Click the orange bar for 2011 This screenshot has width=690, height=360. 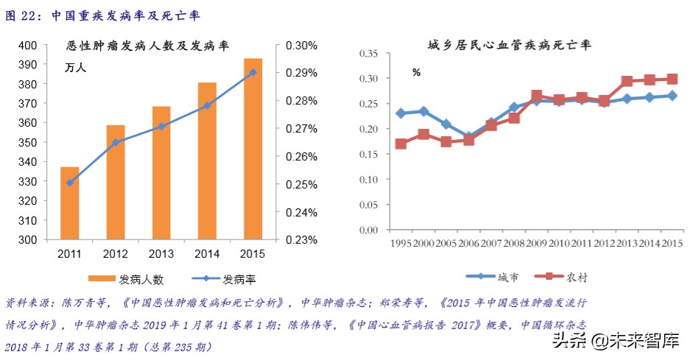pos(69,203)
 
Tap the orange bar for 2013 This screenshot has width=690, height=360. pos(161,173)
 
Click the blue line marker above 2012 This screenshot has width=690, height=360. pos(116,142)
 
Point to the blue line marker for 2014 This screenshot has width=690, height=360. pos(207,105)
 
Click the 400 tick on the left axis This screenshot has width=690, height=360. pos(27,46)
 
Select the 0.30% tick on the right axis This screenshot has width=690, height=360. pos(302,46)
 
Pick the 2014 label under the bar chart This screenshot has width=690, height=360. pos(207,254)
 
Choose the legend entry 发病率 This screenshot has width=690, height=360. pos(225,280)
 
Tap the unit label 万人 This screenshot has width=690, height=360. pos(75,68)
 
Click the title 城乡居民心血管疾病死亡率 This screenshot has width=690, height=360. pos(510,46)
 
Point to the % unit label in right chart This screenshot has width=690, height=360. pos(416,72)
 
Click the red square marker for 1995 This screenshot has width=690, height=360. pos(401,144)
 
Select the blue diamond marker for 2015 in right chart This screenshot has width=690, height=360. pos(672,95)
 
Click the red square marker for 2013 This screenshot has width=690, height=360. pos(627,82)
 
